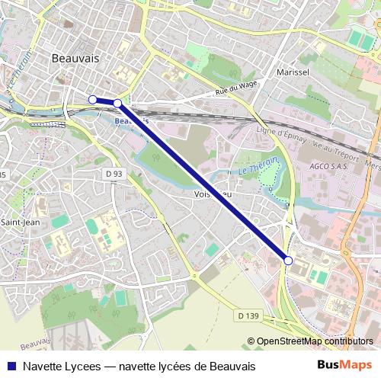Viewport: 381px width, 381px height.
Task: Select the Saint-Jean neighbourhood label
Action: tap(21, 222)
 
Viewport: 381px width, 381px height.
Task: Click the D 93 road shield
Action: tap(114, 174)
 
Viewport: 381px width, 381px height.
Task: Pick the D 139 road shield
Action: tap(248, 315)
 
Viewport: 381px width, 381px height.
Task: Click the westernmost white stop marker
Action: tap(92, 99)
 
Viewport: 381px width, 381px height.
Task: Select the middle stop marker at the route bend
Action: tap(117, 103)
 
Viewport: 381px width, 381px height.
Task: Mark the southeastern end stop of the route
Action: tap(287, 261)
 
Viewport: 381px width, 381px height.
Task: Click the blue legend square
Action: tap(11, 367)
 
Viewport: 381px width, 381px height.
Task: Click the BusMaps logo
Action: tap(344, 367)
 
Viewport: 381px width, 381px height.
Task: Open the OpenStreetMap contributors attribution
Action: tap(315, 341)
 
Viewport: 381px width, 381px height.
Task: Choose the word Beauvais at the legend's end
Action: tap(231, 367)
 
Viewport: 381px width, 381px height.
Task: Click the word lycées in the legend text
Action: tap(154, 367)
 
